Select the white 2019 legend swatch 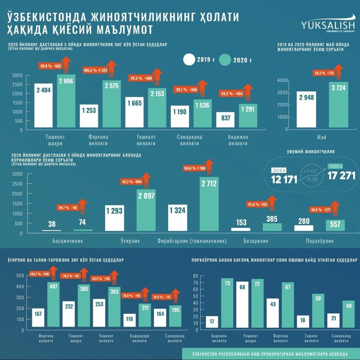(x=194, y=60)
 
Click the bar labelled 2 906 (x=66, y=101)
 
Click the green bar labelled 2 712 (x=209, y=204)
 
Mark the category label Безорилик (x=256, y=241)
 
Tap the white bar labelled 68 (x=242, y=305)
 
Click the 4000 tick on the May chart (x=282, y=81)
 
